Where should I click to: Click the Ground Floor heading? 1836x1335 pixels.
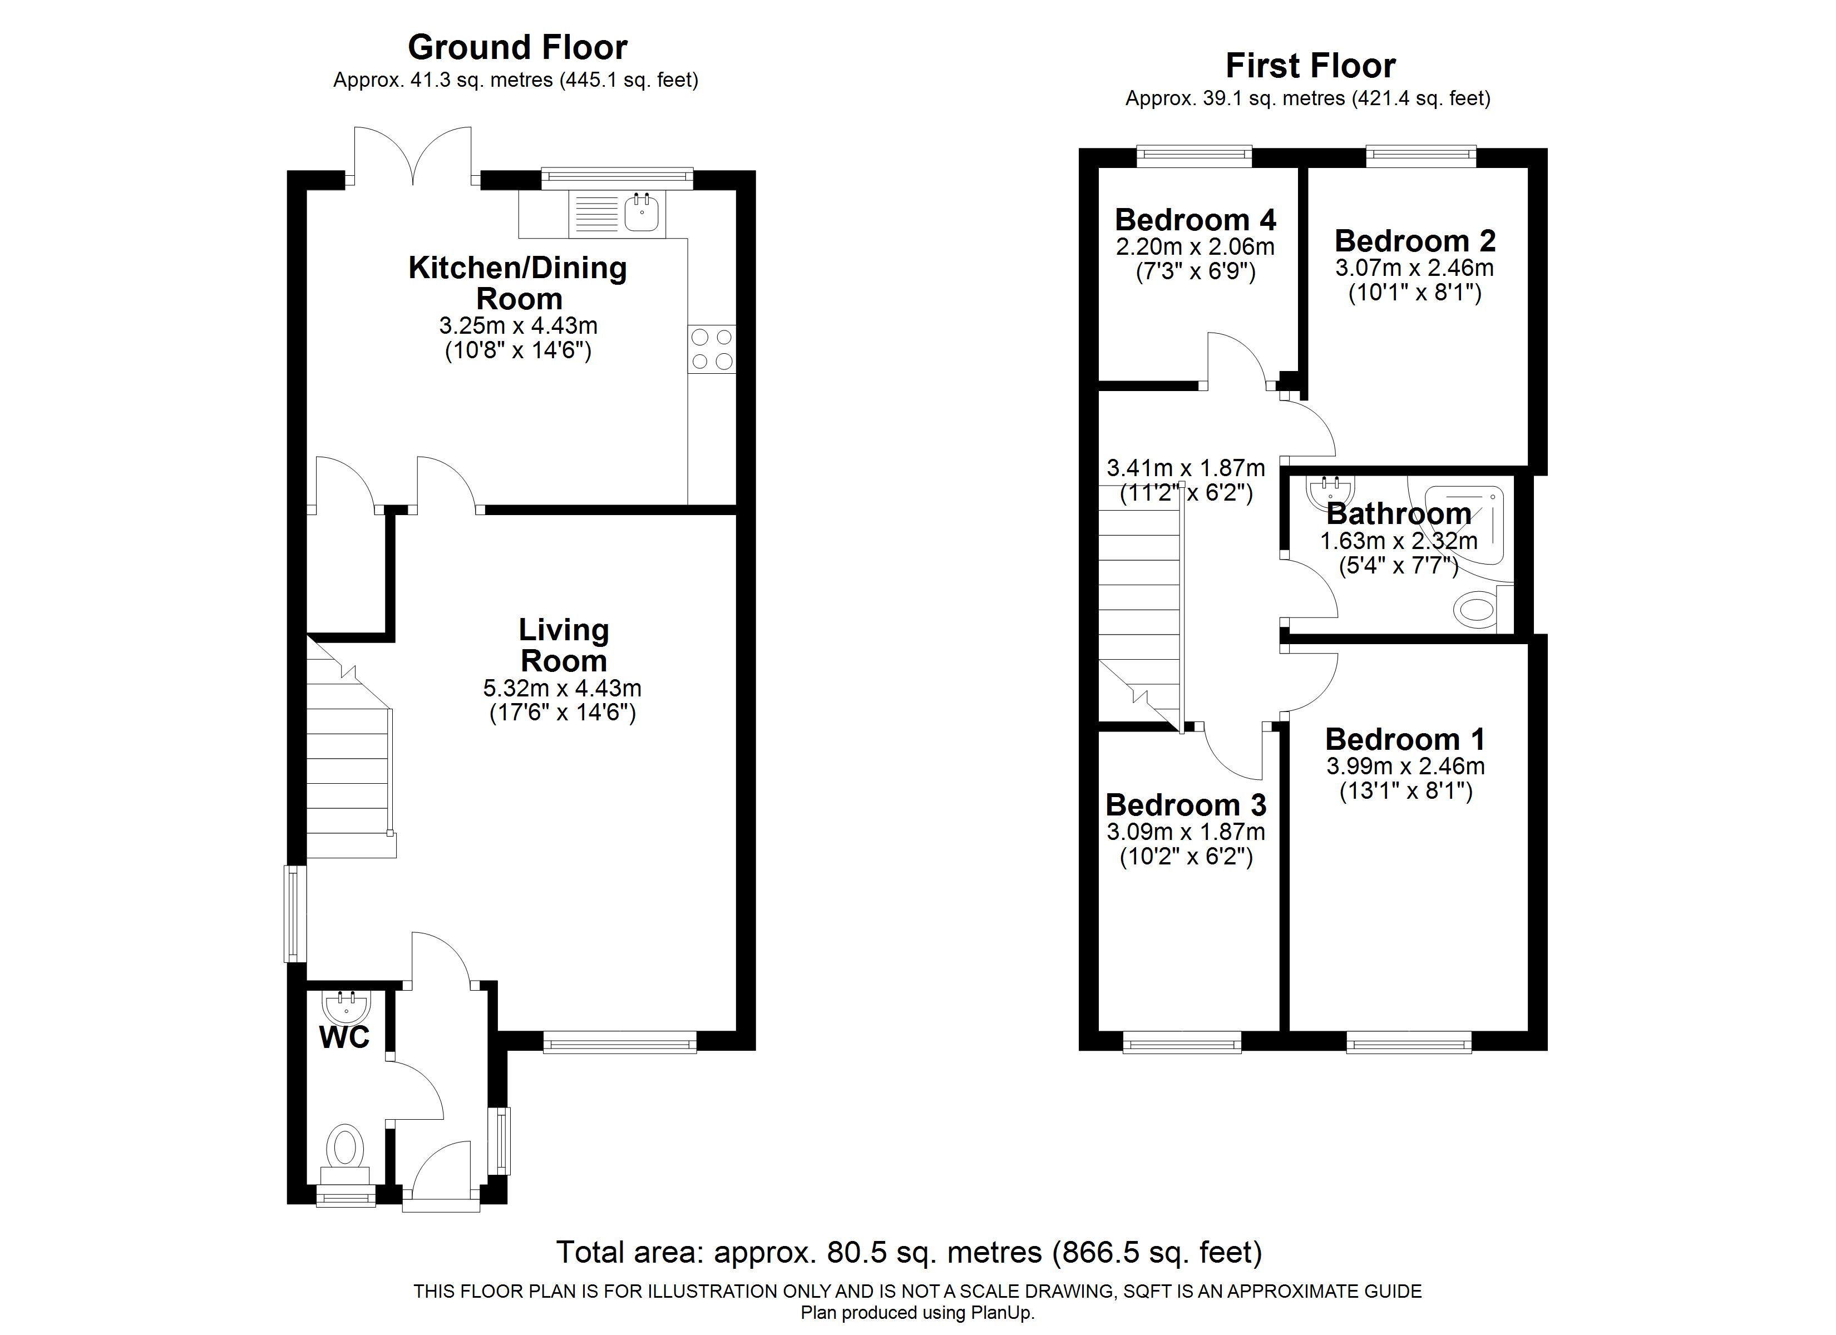[517, 48]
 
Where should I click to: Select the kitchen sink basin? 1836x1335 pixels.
[642, 213]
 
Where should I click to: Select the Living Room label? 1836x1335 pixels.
[564, 645]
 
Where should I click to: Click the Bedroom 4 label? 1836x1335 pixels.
[1195, 219]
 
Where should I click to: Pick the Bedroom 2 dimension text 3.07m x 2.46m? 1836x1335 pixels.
[1414, 267]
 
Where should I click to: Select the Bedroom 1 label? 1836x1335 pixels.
[1405, 739]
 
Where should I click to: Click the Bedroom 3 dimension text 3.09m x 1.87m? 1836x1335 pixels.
[1186, 832]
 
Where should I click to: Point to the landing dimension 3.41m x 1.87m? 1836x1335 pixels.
[1186, 468]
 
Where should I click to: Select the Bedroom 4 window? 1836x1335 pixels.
[1194, 156]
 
